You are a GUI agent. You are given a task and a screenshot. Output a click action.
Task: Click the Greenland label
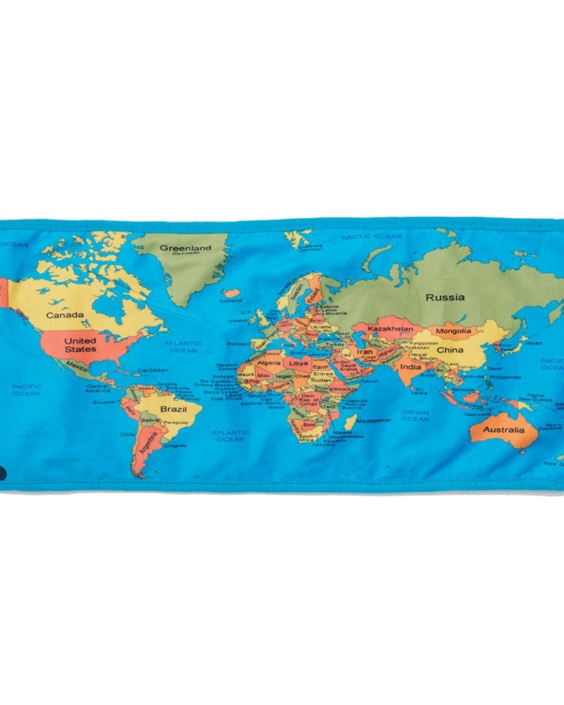(185, 248)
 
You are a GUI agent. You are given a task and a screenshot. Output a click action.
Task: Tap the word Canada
(65, 315)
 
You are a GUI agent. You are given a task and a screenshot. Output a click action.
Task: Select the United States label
(80, 345)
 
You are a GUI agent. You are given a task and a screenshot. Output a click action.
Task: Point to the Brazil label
(173, 410)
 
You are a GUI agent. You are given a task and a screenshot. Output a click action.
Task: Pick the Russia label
(445, 298)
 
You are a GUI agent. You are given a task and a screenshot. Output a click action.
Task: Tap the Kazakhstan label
(390, 329)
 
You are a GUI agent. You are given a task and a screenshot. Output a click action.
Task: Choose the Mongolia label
(453, 331)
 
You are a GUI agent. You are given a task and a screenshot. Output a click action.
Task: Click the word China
(450, 350)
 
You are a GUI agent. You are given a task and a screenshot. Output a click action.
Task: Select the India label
(410, 367)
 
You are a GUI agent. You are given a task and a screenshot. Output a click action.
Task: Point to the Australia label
(503, 429)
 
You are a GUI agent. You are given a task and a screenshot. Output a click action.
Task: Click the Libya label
(299, 362)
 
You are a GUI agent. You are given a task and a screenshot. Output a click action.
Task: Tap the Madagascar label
(373, 420)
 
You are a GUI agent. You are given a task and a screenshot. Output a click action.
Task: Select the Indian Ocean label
(415, 415)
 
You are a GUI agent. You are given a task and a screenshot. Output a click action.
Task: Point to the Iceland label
(230, 300)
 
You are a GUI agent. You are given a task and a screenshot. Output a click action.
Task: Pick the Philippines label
(503, 377)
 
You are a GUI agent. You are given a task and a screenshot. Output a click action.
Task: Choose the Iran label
(364, 351)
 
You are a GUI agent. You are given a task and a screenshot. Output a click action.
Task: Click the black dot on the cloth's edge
(3, 474)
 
